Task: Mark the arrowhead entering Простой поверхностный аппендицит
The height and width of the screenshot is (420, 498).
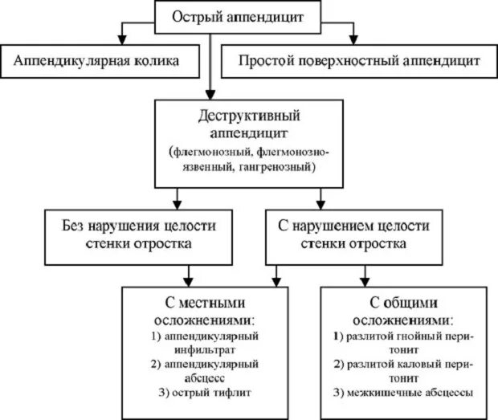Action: click(350, 40)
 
